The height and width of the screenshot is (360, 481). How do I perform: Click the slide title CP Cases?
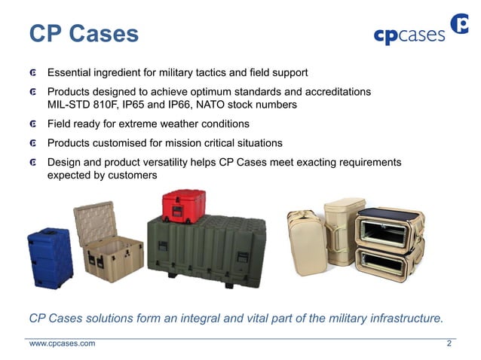(84, 34)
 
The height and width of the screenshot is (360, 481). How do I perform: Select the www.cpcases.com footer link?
(62, 344)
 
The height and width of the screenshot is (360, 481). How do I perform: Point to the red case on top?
(183, 204)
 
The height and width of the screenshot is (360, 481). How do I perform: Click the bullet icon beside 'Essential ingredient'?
(34, 74)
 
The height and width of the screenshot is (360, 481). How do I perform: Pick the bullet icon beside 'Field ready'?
(34, 124)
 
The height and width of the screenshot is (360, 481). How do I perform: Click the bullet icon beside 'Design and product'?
(34, 163)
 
